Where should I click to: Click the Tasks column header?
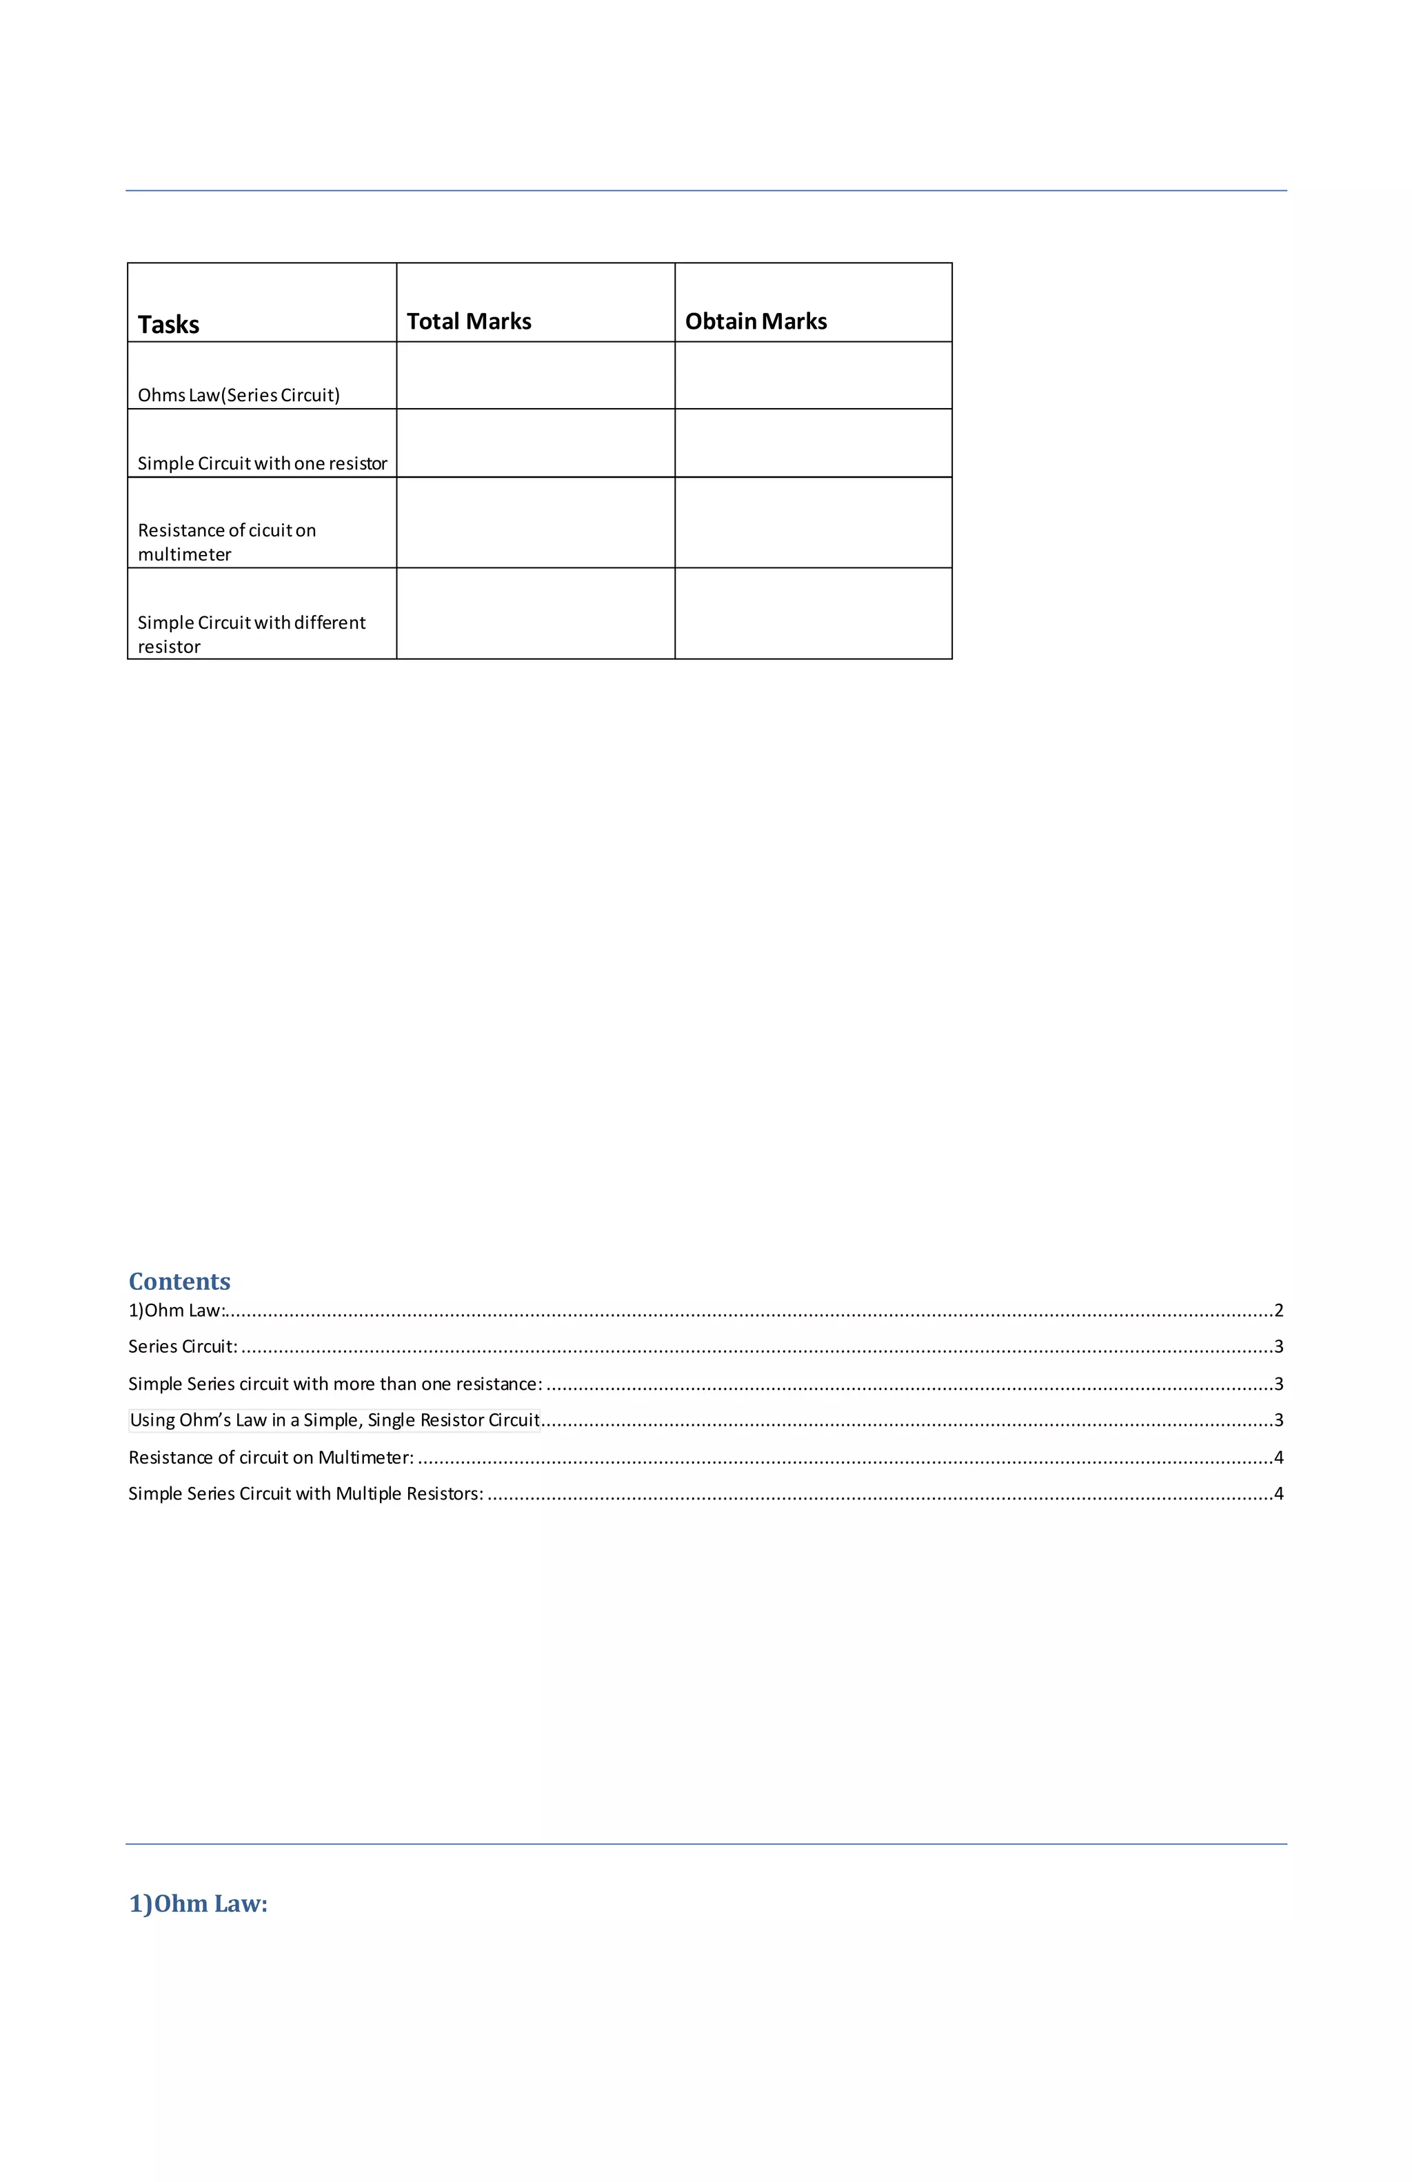click(169, 325)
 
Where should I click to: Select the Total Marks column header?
click(469, 321)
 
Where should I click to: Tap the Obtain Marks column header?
click(756, 321)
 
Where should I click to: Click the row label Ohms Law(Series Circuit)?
click(239, 395)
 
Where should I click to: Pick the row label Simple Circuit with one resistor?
click(262, 463)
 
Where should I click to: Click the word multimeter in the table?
click(184, 554)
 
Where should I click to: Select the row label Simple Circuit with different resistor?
click(251, 634)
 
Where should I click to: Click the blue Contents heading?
click(180, 1281)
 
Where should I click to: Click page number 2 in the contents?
click(1278, 1310)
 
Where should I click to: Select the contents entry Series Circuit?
click(183, 1346)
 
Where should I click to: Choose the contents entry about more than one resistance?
click(334, 1384)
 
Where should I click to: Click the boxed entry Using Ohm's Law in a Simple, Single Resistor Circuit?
click(334, 1420)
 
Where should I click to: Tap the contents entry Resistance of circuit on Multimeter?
click(270, 1457)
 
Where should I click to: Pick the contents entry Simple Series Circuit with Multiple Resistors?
click(305, 1493)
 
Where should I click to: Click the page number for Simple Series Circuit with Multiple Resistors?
click(1278, 1493)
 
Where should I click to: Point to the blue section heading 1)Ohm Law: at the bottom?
click(198, 1904)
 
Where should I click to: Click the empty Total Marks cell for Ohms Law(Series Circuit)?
click(536, 376)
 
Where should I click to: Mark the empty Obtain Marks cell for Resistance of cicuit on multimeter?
click(814, 523)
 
